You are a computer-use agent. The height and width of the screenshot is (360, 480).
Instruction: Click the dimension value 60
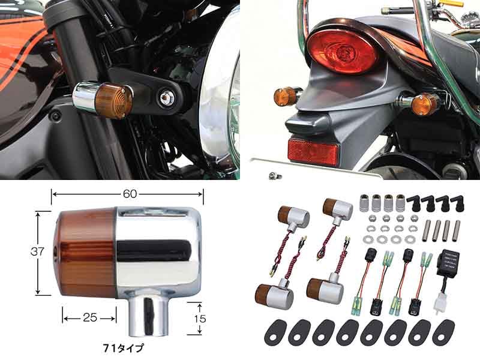127,194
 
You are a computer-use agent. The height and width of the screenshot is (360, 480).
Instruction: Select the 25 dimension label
89,317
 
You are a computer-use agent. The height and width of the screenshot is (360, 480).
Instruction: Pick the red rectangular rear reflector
313,151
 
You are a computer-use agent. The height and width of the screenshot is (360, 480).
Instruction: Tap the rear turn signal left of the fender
287,97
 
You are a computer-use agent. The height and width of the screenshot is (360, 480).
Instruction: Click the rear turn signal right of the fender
427,104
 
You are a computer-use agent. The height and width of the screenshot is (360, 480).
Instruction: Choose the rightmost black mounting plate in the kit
443,331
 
